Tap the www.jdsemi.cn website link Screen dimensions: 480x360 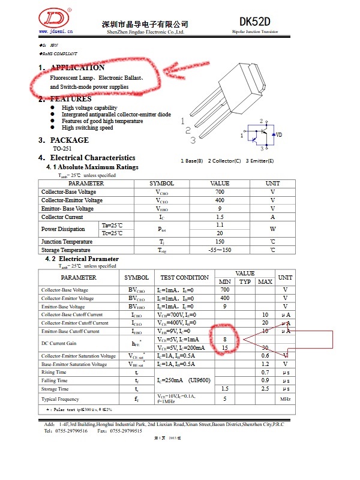tap(55, 30)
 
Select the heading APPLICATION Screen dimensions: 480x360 tap(77, 68)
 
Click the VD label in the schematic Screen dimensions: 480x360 tap(278, 135)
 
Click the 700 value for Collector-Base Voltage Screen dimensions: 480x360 tap(220, 192)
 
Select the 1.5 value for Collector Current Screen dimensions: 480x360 tap(220, 217)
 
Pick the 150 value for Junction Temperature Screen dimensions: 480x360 tap(220, 242)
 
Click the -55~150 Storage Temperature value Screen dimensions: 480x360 tap(220, 250)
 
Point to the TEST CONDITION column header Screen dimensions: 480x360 tap(184, 278)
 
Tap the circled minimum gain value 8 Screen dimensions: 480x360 tap(224, 339)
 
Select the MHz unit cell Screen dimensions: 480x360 tap(285, 399)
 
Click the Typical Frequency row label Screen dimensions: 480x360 tap(60, 399)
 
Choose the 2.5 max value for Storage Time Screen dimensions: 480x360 tap(265, 389)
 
